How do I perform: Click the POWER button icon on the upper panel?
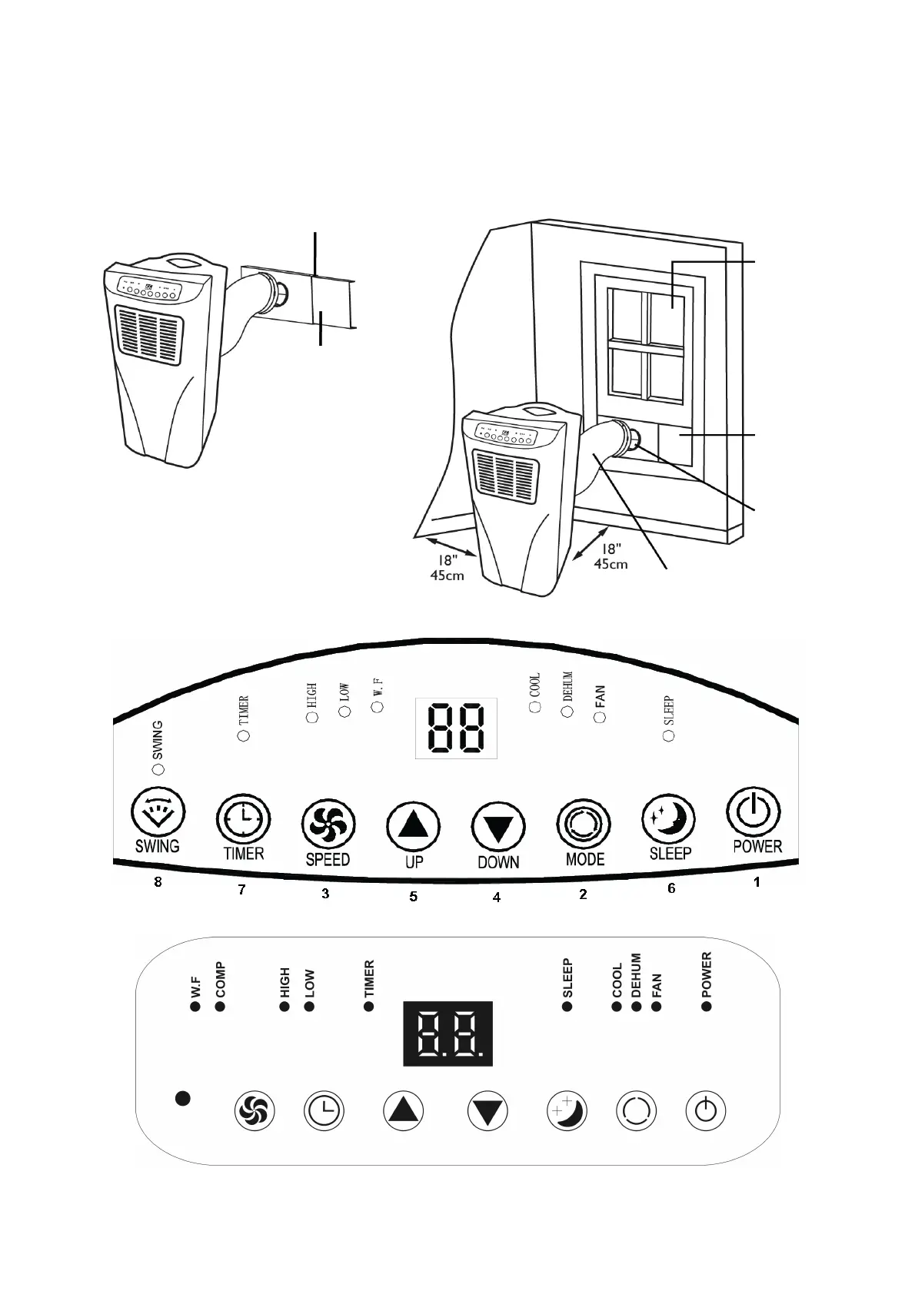click(x=754, y=812)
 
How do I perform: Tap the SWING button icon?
click(x=158, y=812)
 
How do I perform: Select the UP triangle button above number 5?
click(x=413, y=828)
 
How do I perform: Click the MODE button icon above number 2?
click(x=584, y=825)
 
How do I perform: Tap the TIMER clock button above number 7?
click(x=243, y=819)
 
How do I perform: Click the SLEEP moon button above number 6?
click(x=669, y=819)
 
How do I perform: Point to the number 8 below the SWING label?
click(x=158, y=881)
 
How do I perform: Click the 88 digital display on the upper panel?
click(x=456, y=728)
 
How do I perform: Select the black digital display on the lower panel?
click(x=448, y=1034)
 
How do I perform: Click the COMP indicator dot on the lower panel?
click(x=221, y=1006)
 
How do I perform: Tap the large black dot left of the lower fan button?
click(x=182, y=1098)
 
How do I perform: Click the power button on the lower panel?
click(x=705, y=1111)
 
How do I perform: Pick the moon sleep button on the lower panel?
click(x=567, y=1111)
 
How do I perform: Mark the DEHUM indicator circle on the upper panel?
click(x=567, y=712)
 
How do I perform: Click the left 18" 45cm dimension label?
click(x=448, y=568)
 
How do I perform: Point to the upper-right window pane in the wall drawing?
click(x=666, y=310)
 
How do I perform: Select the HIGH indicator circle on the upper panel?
click(x=312, y=717)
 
